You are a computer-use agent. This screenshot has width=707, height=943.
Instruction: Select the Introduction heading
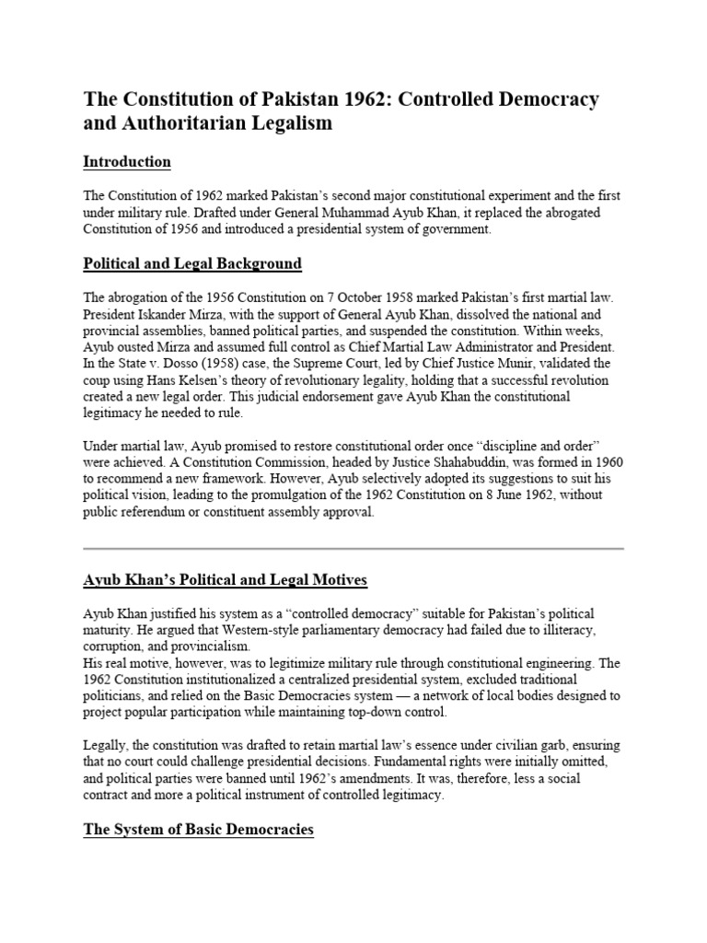pos(127,162)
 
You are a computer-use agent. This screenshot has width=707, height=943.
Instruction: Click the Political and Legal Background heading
pos(192,263)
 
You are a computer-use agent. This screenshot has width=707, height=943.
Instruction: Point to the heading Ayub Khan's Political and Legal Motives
pos(226,579)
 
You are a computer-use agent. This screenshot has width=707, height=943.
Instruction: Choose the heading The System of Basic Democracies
pos(198,829)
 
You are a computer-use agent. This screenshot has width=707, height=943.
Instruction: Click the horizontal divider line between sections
pos(353,548)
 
